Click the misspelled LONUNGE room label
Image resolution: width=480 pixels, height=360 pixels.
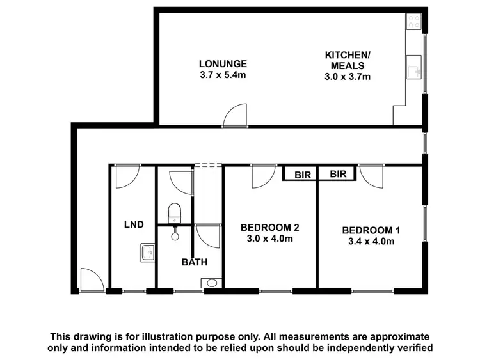point(222,64)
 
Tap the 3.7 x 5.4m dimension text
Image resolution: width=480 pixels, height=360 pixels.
point(222,75)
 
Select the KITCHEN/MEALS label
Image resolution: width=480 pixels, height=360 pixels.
point(348,60)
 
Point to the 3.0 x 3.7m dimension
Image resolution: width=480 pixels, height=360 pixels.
point(348,77)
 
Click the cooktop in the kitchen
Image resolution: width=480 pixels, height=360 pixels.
point(413,23)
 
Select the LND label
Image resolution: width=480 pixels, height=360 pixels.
point(133,224)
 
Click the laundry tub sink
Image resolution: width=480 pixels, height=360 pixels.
point(147,253)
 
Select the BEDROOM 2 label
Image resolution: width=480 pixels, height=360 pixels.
point(269,227)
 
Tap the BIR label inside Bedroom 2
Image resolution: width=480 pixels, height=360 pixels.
point(301,174)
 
